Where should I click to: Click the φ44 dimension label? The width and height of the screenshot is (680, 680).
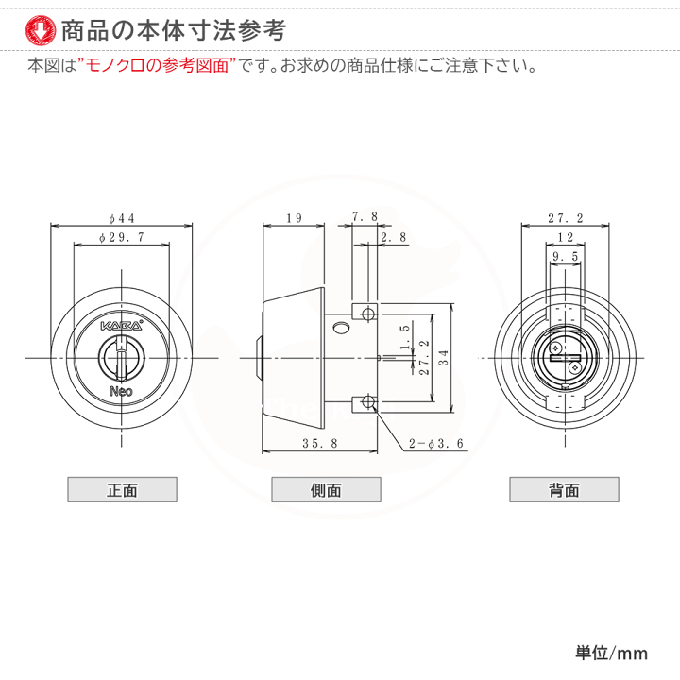click(122, 217)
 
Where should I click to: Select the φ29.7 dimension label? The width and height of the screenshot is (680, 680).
click(122, 239)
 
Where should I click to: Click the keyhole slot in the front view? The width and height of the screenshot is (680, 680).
click(122, 357)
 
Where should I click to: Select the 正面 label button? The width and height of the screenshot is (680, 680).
click(122, 489)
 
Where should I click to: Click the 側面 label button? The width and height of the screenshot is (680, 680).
click(326, 489)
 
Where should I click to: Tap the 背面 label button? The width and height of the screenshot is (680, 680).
click(564, 489)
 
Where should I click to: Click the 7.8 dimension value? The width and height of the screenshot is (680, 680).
click(365, 216)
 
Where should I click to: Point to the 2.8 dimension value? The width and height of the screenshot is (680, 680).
click(392, 238)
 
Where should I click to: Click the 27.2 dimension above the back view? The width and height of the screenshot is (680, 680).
click(565, 217)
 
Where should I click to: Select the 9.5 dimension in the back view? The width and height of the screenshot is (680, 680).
click(565, 257)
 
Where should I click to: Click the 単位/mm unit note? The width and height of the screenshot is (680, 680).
click(611, 653)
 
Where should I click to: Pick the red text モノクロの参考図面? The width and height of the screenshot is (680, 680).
click(155, 67)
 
